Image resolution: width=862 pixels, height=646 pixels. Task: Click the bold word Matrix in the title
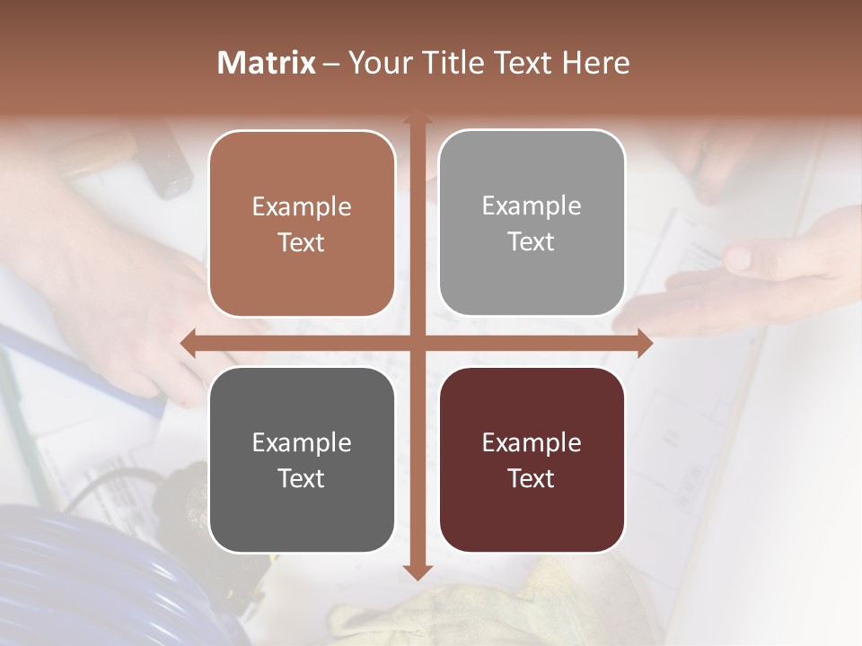267,63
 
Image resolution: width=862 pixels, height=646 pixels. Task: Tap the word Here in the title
595,63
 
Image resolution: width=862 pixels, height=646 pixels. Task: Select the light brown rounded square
302,224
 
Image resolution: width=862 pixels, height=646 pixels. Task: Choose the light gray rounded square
532,223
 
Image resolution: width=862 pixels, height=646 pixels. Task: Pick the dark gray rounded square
302,460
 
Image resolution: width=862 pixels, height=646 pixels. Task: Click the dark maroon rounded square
532,460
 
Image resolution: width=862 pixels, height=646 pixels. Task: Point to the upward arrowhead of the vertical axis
417,118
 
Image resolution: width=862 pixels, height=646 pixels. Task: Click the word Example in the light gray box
532,205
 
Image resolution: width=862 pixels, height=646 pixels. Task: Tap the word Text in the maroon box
532,478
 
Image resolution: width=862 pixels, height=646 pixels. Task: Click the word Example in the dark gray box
302,442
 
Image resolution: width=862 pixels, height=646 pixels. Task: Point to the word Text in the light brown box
302,242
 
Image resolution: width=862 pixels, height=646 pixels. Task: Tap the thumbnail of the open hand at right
737,260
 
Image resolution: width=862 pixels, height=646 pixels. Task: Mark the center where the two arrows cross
417,343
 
